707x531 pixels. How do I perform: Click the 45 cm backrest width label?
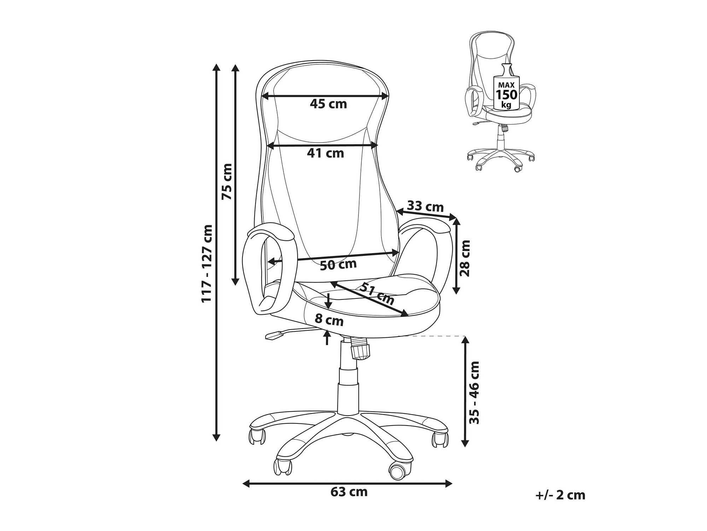(328, 104)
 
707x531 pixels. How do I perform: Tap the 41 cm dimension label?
(325, 153)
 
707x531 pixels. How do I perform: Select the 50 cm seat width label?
(338, 264)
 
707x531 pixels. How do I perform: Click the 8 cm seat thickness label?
(329, 320)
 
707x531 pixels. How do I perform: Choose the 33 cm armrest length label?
(426, 206)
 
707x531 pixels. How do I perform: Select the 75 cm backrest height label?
(227, 182)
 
